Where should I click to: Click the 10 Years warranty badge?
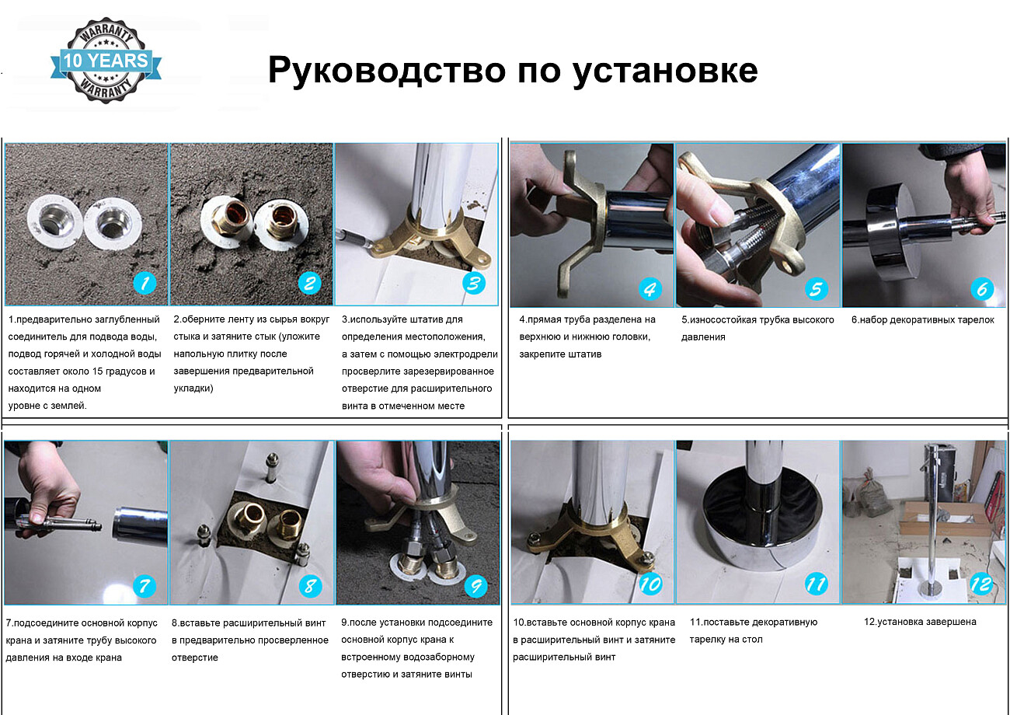(x=106, y=61)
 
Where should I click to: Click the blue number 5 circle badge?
(x=815, y=289)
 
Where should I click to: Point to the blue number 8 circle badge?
(x=310, y=584)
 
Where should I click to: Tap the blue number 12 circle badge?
(x=982, y=584)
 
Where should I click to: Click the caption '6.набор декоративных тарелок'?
(x=922, y=319)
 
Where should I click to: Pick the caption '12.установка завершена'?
(x=920, y=622)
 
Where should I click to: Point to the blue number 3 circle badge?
(x=473, y=283)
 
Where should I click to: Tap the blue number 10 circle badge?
(x=650, y=584)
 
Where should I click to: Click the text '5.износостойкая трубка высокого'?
(x=757, y=319)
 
